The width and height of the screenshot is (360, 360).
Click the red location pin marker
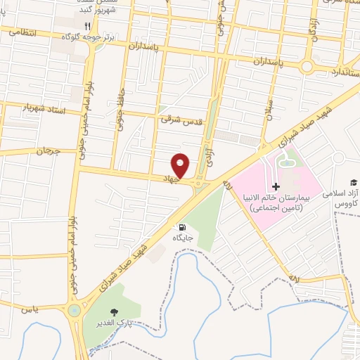coord(181,165)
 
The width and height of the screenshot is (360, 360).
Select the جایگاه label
coord(184,238)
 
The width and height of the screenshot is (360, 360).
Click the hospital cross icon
coord(276,186)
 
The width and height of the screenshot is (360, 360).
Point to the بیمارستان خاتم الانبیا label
coord(278,198)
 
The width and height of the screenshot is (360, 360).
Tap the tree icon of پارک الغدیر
coord(112,311)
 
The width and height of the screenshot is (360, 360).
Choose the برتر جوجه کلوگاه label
coord(84,35)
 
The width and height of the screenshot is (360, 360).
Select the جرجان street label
coord(49,151)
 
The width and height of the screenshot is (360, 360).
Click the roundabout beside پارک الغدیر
coord(74,310)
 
